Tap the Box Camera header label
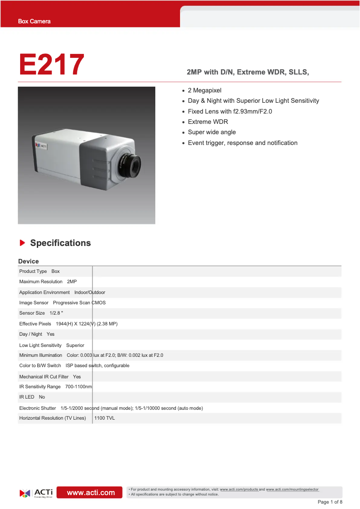[34, 22]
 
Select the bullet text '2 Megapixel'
[204, 90]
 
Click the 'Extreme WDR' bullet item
[207, 122]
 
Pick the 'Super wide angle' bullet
[211, 132]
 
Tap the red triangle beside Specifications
[22, 243]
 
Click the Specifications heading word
[60, 243]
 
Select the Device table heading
[28, 261]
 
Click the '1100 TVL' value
[104, 418]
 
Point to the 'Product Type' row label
[33, 271]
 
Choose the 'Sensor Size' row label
[32, 313]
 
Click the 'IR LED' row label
[26, 397]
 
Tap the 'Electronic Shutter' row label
[37, 408]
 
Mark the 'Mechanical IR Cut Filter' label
[44, 377]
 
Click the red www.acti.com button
[91, 492]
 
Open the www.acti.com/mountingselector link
[292, 489]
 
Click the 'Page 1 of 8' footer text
[329, 502]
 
